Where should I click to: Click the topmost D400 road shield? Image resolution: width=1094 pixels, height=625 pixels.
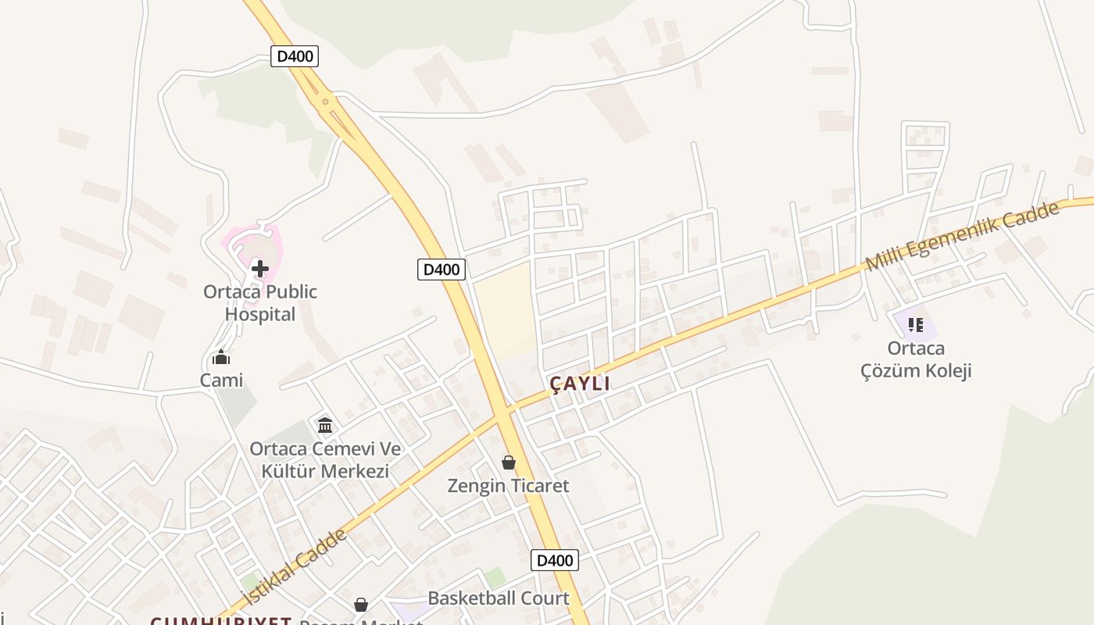(x=295, y=56)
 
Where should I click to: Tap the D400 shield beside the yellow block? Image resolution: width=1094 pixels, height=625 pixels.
(x=441, y=270)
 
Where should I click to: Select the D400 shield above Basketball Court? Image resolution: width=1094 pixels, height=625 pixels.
(x=555, y=560)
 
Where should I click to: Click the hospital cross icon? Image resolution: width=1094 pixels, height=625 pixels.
(x=260, y=269)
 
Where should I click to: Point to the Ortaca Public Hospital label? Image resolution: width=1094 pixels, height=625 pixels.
(x=260, y=303)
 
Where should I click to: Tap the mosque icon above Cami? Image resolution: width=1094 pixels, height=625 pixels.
(x=221, y=358)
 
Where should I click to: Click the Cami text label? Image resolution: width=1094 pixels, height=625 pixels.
(x=221, y=380)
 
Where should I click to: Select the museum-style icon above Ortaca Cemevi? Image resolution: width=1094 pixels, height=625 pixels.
(x=325, y=425)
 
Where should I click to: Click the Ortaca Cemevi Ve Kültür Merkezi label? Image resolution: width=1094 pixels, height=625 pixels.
(x=325, y=460)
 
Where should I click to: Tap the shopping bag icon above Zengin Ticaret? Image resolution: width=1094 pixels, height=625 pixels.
(x=509, y=462)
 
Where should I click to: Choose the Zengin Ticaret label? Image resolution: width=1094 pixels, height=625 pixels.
(x=509, y=486)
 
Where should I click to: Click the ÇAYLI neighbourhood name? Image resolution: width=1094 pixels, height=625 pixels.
(x=580, y=384)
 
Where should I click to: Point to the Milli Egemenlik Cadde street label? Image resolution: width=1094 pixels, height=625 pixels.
(x=963, y=236)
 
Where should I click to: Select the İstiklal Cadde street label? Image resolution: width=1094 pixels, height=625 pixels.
(x=295, y=566)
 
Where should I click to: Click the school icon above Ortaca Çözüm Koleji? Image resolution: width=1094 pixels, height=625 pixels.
(x=916, y=324)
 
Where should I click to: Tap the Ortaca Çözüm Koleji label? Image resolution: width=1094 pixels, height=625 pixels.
(x=916, y=359)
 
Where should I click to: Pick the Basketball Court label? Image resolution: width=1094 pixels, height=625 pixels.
(x=499, y=598)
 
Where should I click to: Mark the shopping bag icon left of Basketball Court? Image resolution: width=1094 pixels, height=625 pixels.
(x=360, y=605)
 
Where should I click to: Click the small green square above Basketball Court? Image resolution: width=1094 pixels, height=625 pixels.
(x=495, y=578)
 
